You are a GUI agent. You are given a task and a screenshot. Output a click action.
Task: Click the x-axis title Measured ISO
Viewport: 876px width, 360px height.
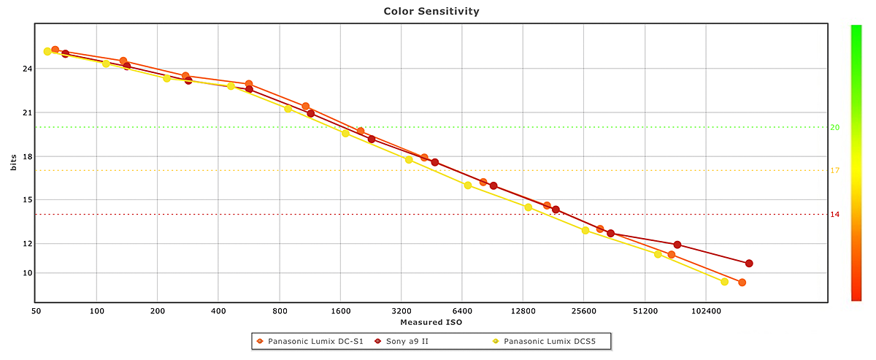click(431, 322)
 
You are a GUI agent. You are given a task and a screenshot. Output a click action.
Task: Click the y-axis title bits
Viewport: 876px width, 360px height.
click(14, 163)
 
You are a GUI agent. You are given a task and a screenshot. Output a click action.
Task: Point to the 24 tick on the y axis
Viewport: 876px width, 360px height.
click(28, 69)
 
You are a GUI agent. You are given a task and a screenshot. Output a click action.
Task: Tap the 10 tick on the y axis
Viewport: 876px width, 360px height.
click(28, 273)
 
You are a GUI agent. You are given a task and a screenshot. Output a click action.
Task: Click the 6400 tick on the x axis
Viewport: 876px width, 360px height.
click(461, 310)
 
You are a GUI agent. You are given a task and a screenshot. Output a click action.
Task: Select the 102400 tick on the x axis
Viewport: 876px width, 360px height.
click(704, 310)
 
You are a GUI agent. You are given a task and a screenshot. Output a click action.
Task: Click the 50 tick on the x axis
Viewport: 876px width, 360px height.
click(36, 310)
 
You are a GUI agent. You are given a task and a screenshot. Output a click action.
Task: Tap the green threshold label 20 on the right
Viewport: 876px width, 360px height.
click(834, 127)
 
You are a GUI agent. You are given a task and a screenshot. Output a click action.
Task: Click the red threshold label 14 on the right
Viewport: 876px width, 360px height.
click(834, 215)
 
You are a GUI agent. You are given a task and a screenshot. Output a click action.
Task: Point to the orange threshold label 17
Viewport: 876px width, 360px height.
click(834, 171)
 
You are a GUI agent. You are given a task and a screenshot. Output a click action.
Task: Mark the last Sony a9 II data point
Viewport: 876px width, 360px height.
click(749, 264)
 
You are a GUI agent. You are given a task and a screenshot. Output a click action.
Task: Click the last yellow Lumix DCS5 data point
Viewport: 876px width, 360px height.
click(724, 282)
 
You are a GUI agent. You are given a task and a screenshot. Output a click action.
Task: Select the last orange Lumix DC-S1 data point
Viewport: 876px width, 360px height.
click(742, 283)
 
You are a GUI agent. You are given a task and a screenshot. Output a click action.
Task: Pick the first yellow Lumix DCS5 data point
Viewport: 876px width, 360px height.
click(47, 51)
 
